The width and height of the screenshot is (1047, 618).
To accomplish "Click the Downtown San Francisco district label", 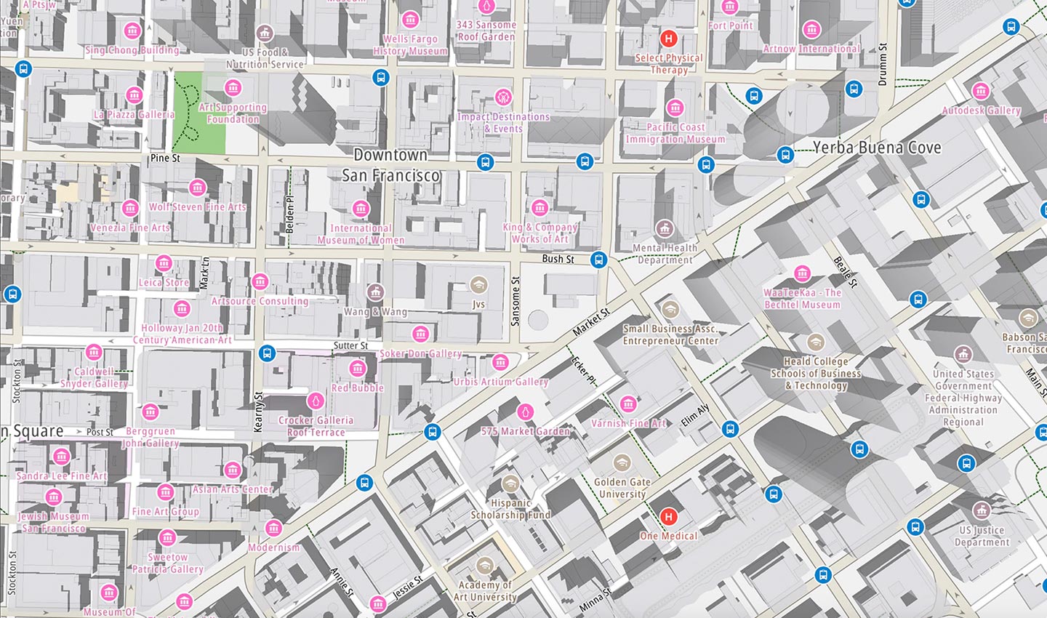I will point(390,165).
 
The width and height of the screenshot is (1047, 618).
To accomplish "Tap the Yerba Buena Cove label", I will point(876,148).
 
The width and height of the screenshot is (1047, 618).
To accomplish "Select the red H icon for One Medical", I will point(668,517).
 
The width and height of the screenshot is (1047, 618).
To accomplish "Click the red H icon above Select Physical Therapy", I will point(668,39).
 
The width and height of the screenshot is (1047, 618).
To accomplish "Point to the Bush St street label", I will point(558,259).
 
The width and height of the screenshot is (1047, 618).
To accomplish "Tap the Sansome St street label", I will point(516,300).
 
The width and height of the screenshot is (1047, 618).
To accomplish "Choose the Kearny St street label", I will point(257,412).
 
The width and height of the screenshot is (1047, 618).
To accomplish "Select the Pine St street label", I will point(165,158).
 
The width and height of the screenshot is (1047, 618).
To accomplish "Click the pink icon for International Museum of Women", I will point(361,209).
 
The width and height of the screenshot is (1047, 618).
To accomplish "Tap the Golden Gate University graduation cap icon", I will point(621,463).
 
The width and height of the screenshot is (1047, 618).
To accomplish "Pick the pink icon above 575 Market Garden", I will point(525,412).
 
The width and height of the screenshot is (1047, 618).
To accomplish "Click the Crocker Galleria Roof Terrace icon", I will point(316,401).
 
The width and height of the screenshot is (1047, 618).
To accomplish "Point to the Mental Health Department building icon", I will point(664,229).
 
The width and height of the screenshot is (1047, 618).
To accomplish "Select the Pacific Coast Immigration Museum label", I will point(675,133).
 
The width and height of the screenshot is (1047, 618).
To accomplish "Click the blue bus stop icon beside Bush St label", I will point(598,260).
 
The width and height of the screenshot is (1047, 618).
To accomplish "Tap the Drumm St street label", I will point(883,65).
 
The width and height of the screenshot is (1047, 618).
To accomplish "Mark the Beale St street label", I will point(846,272).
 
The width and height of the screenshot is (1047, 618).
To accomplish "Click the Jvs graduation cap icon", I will point(478,284).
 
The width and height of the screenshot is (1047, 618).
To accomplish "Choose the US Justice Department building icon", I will point(982,510).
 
